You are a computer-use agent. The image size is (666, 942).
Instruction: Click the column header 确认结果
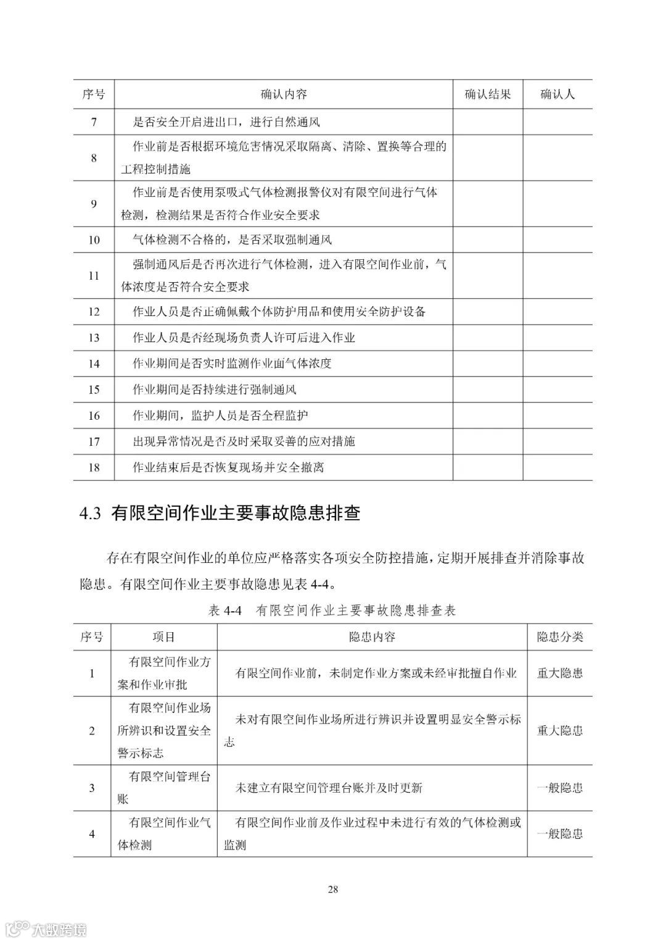click(x=487, y=94)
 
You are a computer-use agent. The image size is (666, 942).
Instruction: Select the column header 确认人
click(x=557, y=94)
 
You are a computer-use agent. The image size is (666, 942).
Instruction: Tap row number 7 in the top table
click(x=94, y=122)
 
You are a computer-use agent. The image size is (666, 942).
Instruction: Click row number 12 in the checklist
click(x=94, y=312)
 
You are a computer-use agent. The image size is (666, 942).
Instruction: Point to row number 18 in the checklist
click(x=94, y=467)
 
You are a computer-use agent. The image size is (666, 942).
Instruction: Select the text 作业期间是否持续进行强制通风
click(x=215, y=390)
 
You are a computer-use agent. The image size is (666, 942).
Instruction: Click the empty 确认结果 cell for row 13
click(x=487, y=338)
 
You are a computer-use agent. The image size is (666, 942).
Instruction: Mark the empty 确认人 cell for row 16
click(x=557, y=415)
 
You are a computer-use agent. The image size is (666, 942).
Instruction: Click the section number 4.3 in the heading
click(x=90, y=514)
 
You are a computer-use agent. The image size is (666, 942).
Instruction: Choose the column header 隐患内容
click(x=372, y=637)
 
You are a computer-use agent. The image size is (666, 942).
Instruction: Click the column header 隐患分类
click(x=559, y=637)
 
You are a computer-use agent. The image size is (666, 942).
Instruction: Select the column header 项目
click(x=164, y=637)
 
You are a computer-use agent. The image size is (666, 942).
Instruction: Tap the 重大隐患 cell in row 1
click(x=559, y=673)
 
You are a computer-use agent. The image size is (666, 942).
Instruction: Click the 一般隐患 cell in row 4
click(x=559, y=834)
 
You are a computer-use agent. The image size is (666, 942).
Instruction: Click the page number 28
click(x=333, y=890)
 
